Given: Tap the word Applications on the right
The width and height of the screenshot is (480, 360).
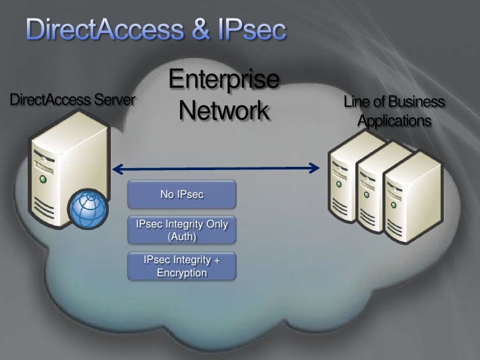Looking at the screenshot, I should coord(395,122).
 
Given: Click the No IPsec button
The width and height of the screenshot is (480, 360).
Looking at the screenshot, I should coord(181,195).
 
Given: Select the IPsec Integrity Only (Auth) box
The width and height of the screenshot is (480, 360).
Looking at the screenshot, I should coord(181,229).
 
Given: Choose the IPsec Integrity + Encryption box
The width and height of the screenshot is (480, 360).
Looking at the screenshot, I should coord(181,267).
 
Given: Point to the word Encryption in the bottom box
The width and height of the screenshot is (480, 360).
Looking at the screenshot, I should coord(181,273).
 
